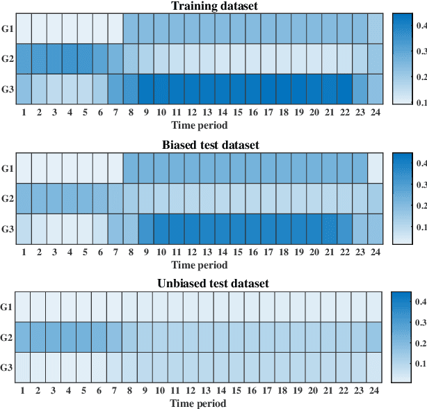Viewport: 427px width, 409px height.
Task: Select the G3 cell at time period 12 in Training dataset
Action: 191,89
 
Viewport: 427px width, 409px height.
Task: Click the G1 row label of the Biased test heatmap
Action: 7,168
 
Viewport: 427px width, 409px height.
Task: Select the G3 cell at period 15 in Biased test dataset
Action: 237,228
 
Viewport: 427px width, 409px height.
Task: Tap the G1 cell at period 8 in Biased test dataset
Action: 130,168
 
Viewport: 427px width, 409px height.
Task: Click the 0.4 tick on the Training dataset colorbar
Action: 421,25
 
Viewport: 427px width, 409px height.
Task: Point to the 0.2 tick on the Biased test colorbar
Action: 421,206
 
